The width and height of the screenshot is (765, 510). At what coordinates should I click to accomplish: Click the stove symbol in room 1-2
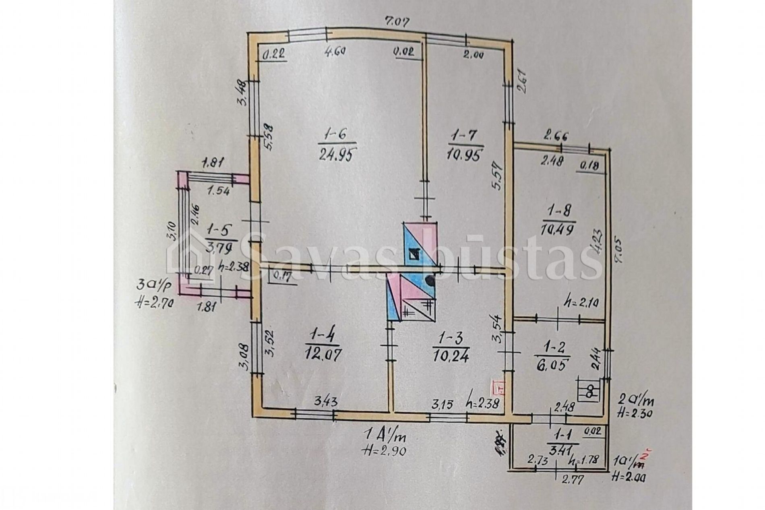pyautogui.click(x=589, y=390)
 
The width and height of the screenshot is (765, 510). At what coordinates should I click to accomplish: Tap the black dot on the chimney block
pyautogui.click(x=430, y=279)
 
